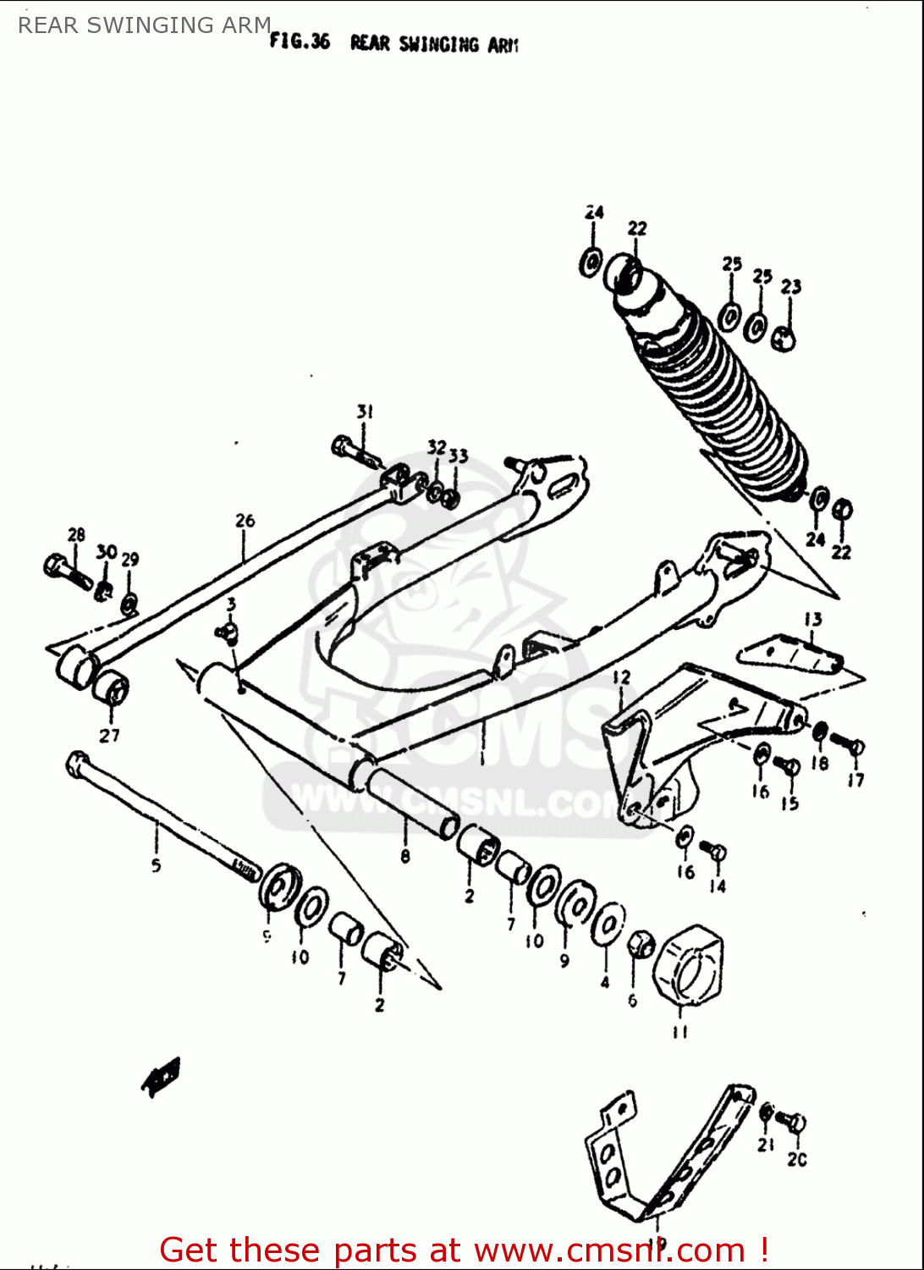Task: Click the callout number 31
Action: click(x=364, y=411)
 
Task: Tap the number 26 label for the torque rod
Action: click(x=245, y=520)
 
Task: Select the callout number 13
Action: click(x=812, y=619)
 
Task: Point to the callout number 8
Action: click(x=405, y=856)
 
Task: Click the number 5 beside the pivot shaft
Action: click(x=156, y=865)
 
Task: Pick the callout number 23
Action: click(x=790, y=286)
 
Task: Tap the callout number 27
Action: click(x=109, y=735)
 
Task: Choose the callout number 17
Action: click(x=855, y=780)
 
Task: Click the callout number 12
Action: click(x=622, y=676)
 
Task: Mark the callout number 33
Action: click(x=458, y=456)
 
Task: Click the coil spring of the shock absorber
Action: click(x=719, y=406)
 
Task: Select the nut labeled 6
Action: click(x=641, y=943)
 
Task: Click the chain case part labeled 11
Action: click(x=688, y=966)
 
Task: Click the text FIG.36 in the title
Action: click(x=300, y=41)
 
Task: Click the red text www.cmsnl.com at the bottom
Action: click(x=609, y=1251)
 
